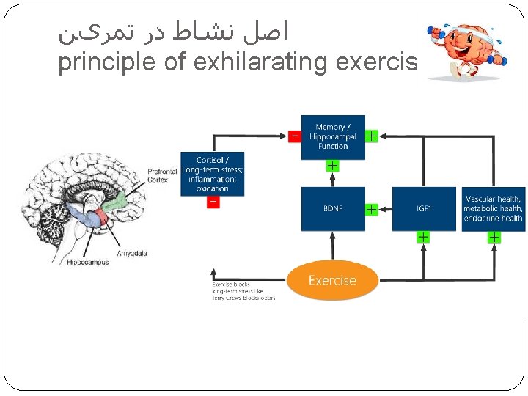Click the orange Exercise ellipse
point(332,280)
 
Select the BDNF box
point(332,209)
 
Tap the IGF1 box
point(424,209)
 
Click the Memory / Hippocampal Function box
point(332,137)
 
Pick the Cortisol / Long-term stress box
point(212,174)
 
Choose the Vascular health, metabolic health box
point(493,209)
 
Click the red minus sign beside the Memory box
point(294,136)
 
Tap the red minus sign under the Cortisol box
point(213,202)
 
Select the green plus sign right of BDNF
point(371,210)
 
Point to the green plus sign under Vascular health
point(494,238)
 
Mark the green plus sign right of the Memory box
point(371,136)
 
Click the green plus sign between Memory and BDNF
point(332,166)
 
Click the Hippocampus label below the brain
point(87,262)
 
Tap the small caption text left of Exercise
point(243,291)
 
